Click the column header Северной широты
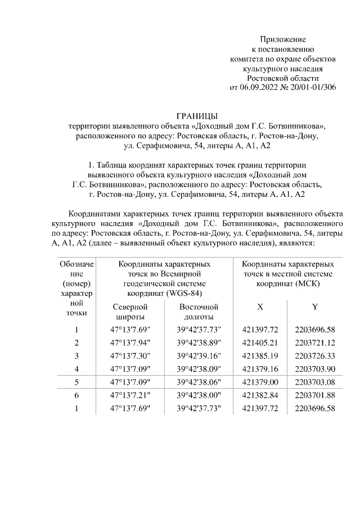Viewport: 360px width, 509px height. [x=130, y=312]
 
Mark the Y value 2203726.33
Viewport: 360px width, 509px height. [x=314, y=355]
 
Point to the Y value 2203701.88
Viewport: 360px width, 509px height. [x=314, y=395]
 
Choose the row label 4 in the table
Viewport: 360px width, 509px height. [x=76, y=368]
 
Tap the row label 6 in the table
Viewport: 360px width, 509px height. [x=76, y=395]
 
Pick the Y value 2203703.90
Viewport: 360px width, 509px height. [x=314, y=368]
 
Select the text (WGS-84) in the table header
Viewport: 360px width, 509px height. [x=182, y=292]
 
